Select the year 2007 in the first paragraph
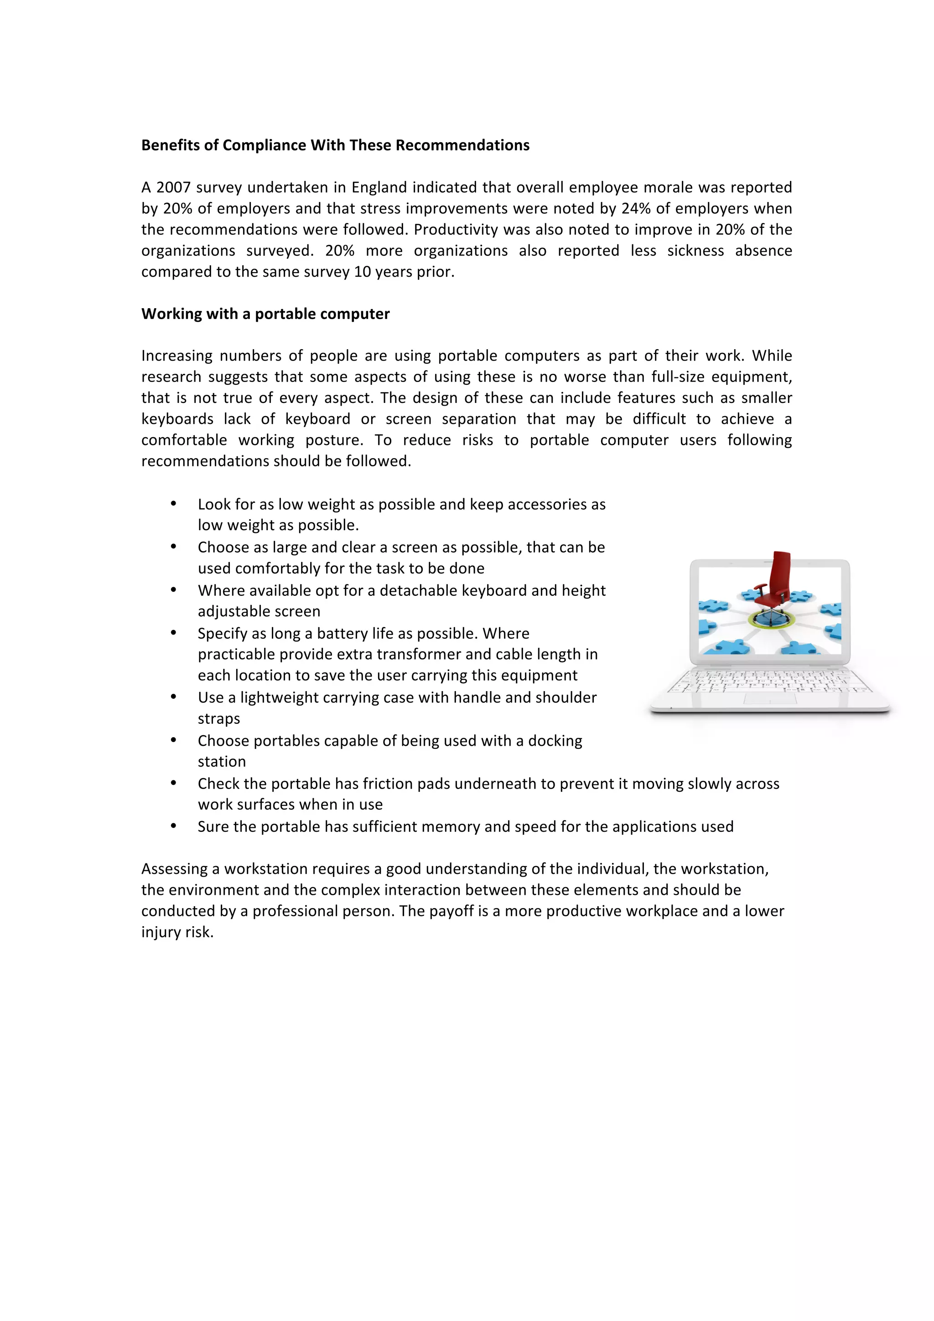coord(173,187)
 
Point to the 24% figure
coord(635,208)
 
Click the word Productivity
coord(450,230)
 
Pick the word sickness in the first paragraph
coord(695,251)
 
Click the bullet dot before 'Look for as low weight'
coord(173,504)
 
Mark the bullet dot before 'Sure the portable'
coord(173,827)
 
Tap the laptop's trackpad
coord(770,698)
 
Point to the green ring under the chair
coord(769,620)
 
